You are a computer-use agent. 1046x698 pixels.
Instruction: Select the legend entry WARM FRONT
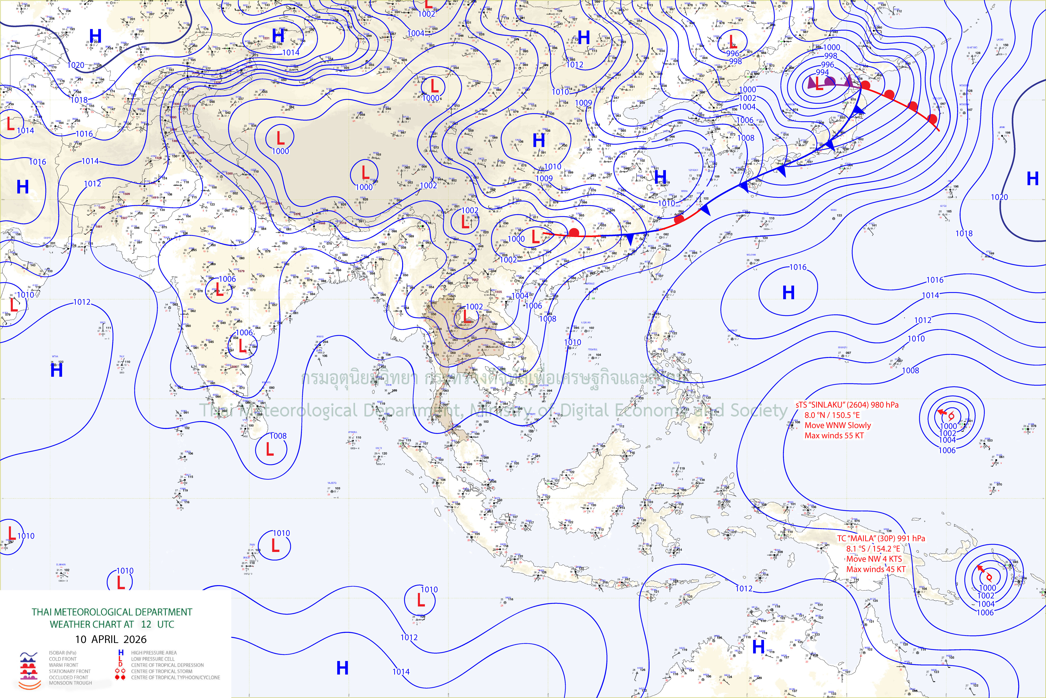point(64,665)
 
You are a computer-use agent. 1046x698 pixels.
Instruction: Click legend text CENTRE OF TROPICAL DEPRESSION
point(167,665)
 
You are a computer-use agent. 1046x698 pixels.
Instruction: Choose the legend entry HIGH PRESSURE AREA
point(154,652)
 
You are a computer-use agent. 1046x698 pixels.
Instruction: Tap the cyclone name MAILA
point(865,538)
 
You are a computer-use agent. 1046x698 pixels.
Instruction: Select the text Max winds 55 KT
point(834,435)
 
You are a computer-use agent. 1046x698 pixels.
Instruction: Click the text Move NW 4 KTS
point(874,559)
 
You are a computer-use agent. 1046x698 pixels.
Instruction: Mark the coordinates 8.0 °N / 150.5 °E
point(832,415)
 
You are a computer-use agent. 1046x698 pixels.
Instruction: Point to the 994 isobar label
point(822,72)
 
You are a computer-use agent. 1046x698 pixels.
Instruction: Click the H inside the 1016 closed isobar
point(788,293)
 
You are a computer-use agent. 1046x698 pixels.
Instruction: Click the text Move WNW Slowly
point(837,425)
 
